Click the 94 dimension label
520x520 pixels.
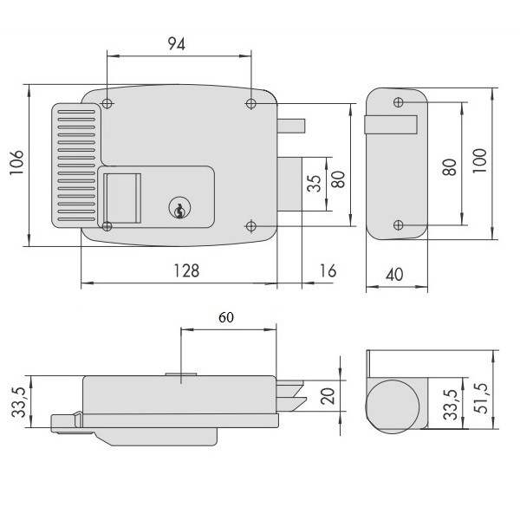(176, 44)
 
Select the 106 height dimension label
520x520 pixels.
(16, 163)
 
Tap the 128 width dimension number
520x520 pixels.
(186, 270)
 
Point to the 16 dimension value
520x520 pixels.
(328, 270)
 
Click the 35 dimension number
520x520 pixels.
(314, 184)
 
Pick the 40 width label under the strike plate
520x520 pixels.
(394, 275)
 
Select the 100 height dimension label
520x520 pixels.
(479, 160)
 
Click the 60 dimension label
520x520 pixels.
(226, 317)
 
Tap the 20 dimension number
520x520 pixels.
(328, 396)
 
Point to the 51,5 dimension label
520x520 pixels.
(481, 399)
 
